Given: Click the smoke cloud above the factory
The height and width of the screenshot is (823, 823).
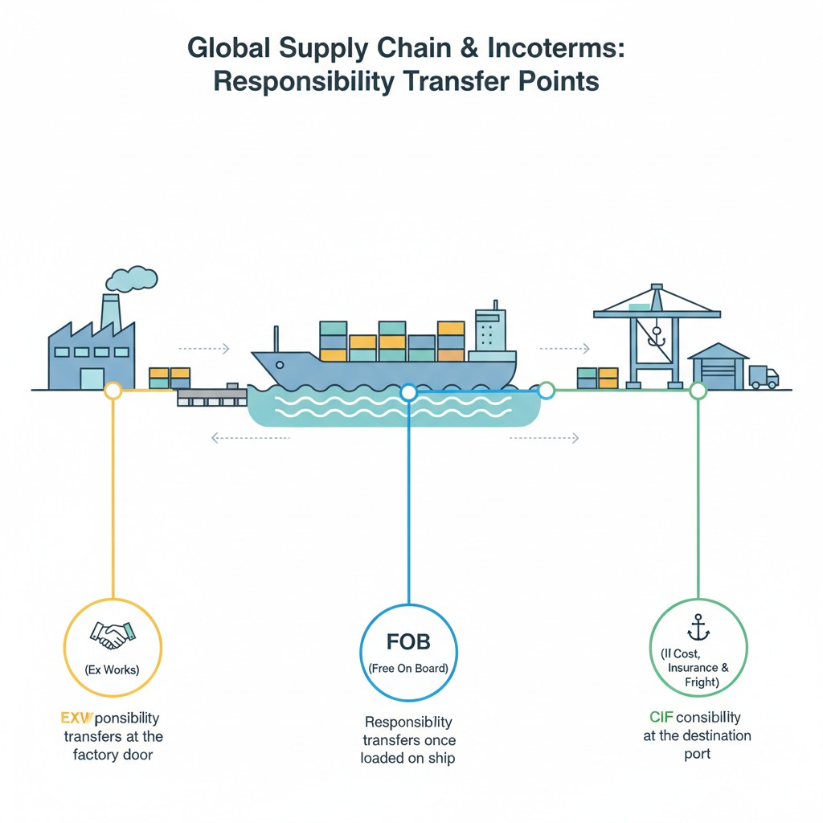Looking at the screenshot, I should tap(132, 278).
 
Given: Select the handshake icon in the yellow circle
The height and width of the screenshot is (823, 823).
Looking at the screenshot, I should tap(113, 637).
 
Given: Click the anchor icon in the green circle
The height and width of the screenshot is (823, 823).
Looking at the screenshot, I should tap(698, 628).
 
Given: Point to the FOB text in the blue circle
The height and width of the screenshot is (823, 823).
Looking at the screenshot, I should tap(408, 641).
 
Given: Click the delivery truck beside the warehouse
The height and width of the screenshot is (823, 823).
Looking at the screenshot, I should tap(763, 376).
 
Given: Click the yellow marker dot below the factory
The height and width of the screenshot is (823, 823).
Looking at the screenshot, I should tap(113, 391).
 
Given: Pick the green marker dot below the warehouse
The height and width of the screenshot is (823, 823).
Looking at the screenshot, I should tap(698, 391).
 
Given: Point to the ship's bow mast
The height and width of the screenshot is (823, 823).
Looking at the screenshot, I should tap(275, 339).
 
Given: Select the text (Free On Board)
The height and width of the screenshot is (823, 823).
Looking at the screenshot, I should tap(408, 669).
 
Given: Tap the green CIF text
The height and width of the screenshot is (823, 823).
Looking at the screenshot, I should tap(661, 717).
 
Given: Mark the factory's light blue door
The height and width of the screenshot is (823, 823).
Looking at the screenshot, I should tap(92, 378).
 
